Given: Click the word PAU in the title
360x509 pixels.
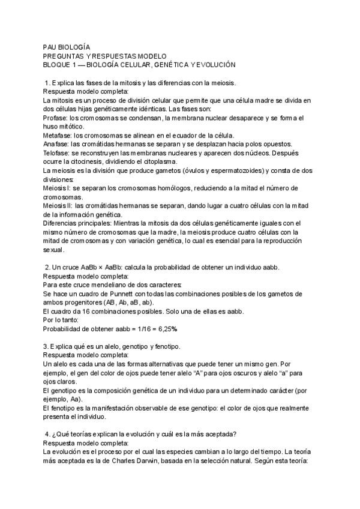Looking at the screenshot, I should [50, 46].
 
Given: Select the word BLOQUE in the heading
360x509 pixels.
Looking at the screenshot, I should [59, 64].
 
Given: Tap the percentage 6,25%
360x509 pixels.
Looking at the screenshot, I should [166, 329].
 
